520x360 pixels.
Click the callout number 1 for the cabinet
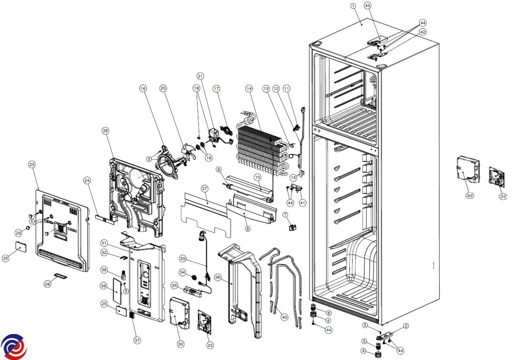(353, 6)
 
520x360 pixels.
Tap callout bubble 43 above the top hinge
(367, 6)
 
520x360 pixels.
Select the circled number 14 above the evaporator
(249, 88)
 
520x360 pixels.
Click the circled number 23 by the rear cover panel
(32, 164)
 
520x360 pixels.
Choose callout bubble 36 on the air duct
(218, 278)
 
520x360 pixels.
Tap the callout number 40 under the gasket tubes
(284, 317)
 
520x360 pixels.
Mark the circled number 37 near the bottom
(137, 340)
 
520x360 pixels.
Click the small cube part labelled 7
(292, 227)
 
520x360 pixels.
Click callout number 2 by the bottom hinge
(406, 326)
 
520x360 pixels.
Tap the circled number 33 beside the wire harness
(183, 259)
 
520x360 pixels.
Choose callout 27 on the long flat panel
(205, 189)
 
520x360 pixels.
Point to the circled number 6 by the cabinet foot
(328, 313)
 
